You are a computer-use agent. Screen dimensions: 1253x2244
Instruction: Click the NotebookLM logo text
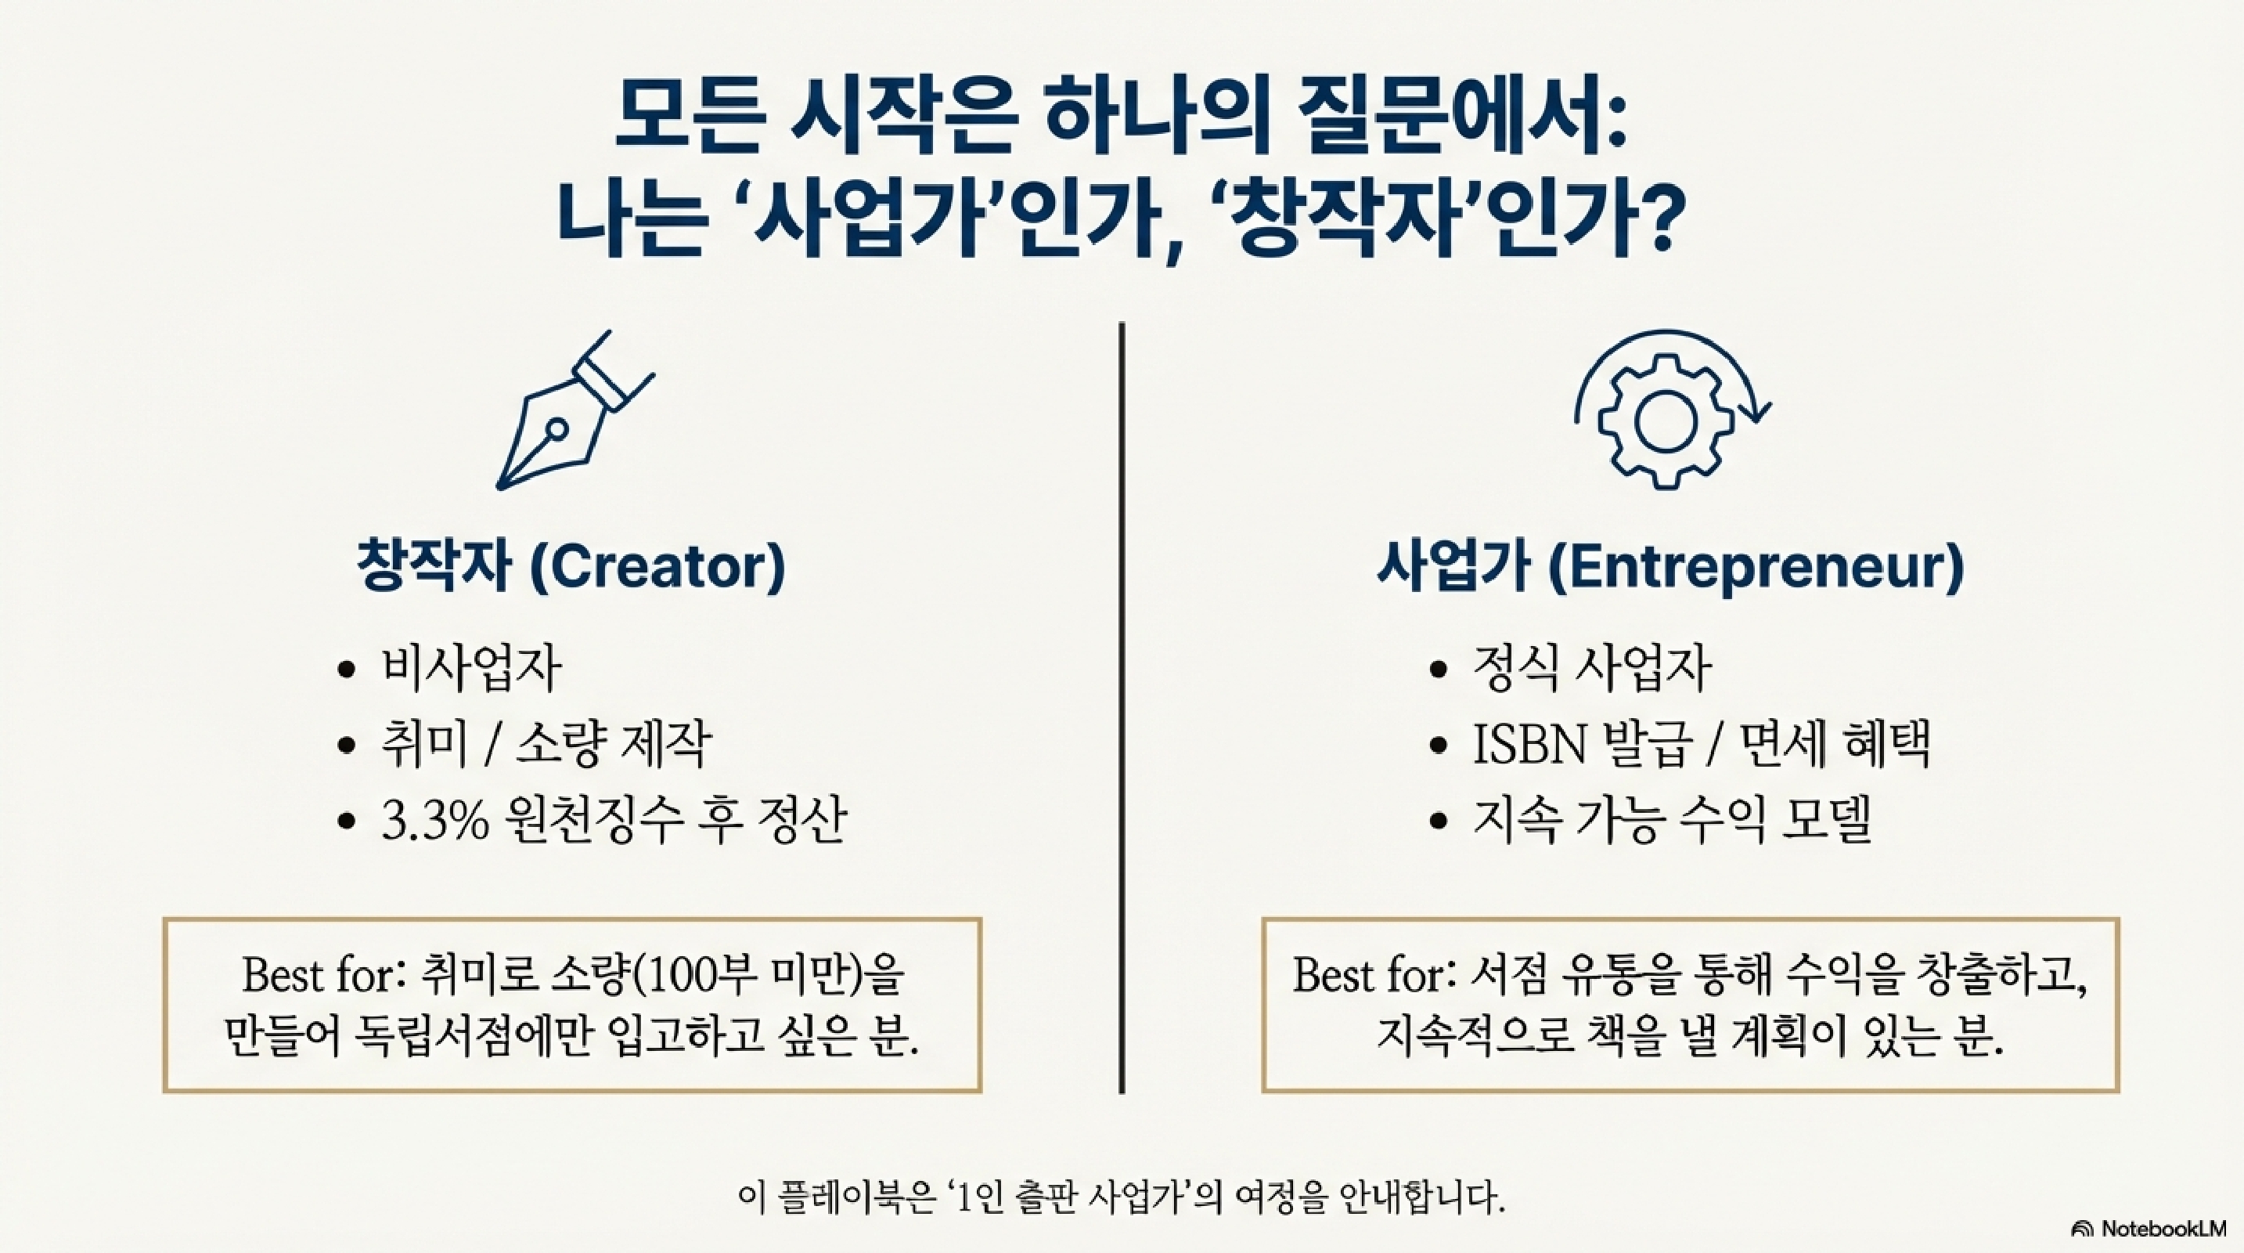[x=2161, y=1228]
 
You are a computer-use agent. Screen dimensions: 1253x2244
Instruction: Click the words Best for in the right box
[x=1367, y=975]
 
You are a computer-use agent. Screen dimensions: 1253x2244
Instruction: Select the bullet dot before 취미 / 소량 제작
[x=347, y=746]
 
